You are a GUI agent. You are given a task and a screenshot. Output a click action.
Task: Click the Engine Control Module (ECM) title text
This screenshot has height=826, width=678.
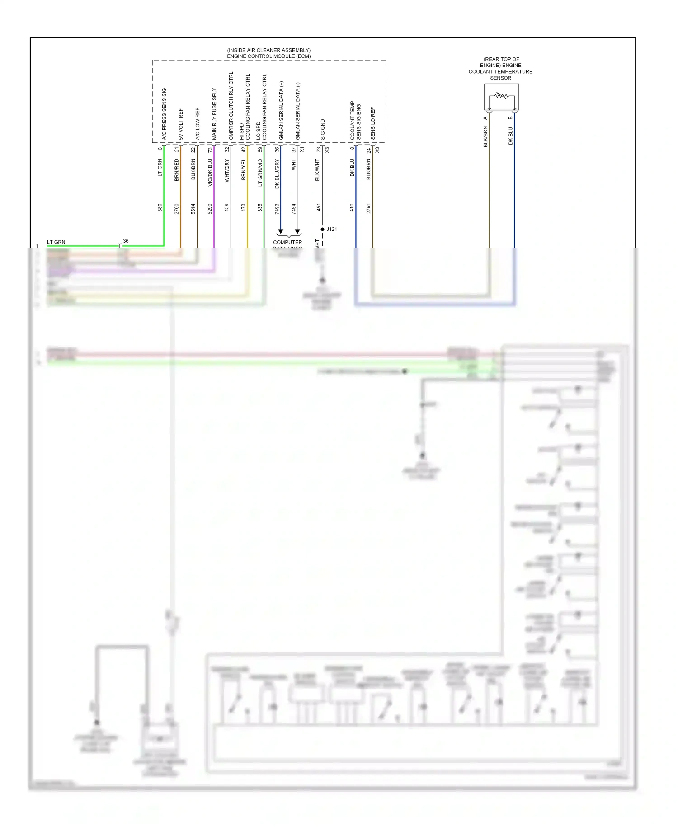(268, 56)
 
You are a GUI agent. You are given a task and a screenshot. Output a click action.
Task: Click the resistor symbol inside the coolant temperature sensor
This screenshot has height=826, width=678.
(501, 96)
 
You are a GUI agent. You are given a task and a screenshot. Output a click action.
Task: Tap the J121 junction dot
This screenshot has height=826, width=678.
(322, 229)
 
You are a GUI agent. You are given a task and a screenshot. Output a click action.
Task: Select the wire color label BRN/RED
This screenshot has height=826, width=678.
(177, 170)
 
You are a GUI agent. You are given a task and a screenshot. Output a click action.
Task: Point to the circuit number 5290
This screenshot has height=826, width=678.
(210, 209)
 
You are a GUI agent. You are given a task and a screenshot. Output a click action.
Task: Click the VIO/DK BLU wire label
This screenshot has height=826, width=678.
(210, 172)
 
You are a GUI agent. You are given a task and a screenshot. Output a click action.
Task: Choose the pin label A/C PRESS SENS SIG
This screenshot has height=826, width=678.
(164, 113)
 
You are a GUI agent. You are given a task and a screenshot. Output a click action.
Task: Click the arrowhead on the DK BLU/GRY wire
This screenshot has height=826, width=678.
(281, 231)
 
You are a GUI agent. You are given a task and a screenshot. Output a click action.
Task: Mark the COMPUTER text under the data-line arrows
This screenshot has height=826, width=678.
(287, 242)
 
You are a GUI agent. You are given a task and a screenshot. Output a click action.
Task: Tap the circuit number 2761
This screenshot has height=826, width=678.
(369, 208)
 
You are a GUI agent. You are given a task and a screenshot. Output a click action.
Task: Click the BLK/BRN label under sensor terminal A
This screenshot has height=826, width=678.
(486, 136)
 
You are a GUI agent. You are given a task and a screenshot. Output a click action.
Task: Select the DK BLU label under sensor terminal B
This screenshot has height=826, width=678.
(511, 136)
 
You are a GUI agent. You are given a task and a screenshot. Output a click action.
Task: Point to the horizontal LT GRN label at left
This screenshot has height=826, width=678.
(56, 242)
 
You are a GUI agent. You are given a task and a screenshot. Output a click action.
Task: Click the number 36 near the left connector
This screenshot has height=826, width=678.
(126, 241)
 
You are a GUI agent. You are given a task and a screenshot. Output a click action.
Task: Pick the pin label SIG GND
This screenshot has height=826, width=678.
(323, 129)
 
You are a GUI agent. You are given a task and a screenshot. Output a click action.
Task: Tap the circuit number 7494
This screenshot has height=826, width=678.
(294, 209)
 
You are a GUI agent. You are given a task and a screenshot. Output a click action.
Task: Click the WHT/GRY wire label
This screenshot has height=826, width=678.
(227, 170)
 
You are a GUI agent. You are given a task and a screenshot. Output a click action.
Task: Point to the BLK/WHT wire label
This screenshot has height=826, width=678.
(318, 170)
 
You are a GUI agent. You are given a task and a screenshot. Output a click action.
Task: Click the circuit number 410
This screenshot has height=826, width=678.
(352, 207)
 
